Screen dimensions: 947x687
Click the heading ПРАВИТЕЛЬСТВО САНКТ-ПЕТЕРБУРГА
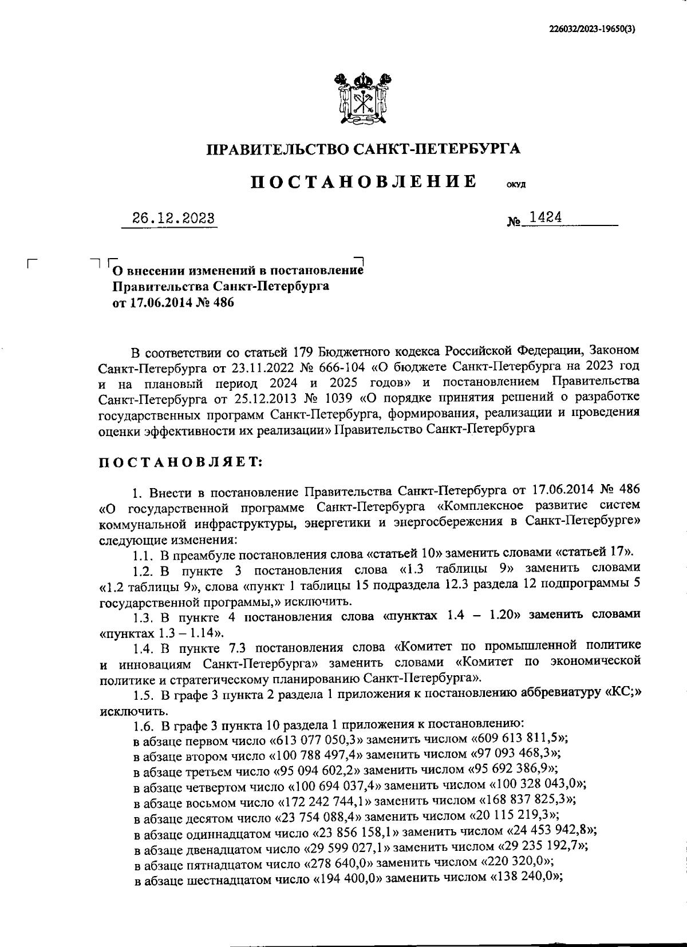(364, 149)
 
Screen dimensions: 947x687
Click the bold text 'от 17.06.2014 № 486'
(173, 302)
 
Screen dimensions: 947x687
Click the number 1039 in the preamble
(343, 397)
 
